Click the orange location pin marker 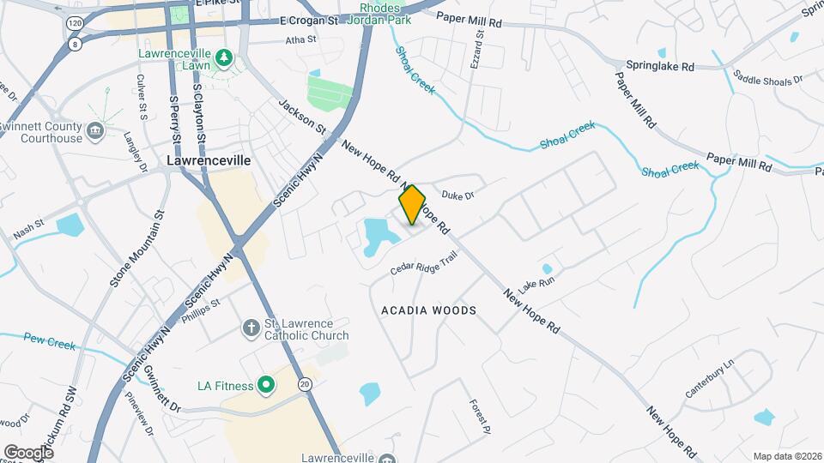tap(412, 204)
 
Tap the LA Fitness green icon tap(266, 385)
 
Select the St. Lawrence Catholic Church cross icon tap(251, 328)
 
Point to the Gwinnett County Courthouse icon tap(95, 132)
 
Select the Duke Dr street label tap(457, 195)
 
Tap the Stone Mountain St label tap(136, 248)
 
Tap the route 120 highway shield tap(75, 24)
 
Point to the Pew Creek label tap(50, 340)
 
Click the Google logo tap(28, 453)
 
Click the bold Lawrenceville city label tap(208, 160)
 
